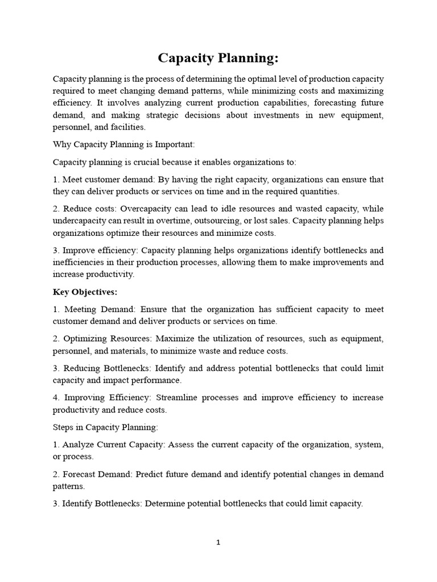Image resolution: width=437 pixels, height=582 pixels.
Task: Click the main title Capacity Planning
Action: pyautogui.click(x=218, y=59)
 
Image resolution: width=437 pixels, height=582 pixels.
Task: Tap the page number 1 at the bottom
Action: pyautogui.click(x=218, y=542)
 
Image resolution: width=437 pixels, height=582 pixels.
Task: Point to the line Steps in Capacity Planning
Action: pyautogui.click(x=106, y=426)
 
